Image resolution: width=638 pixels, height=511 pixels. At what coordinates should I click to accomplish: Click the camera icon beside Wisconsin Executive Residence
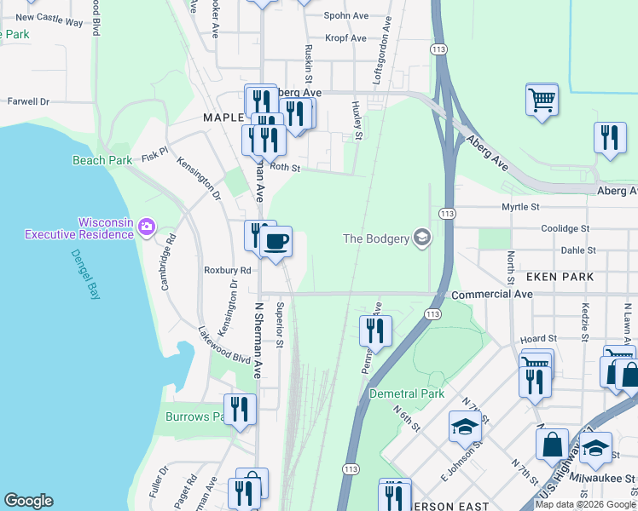point(147,226)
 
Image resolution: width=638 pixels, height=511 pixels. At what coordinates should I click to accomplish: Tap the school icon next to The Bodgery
point(421,238)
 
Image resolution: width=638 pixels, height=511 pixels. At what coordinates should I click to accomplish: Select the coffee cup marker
point(275,242)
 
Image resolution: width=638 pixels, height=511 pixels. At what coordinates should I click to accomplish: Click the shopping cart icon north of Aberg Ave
point(542,100)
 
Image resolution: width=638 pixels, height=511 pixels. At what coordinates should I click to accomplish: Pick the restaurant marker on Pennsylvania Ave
point(376,330)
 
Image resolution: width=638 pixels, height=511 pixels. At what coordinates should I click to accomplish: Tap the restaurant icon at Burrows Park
point(241,410)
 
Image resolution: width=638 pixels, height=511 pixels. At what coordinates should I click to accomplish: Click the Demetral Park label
point(407,393)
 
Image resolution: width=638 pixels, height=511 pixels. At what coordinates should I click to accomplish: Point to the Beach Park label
point(102,160)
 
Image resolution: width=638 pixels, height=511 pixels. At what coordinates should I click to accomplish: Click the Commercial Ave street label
point(492,294)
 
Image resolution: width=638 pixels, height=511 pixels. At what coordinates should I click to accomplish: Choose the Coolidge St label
point(565,229)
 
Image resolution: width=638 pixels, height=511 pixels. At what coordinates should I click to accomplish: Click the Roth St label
point(286,168)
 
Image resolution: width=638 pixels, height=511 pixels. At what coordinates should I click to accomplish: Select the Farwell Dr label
point(28,101)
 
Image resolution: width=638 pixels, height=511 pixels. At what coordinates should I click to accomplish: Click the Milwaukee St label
point(600,479)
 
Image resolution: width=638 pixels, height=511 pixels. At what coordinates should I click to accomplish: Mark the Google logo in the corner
point(28,501)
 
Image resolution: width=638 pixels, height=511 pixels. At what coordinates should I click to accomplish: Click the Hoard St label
point(537,339)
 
